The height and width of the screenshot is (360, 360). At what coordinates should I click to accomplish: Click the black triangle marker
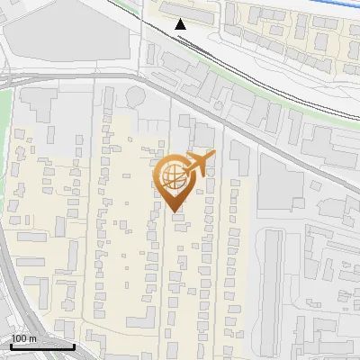click(181, 23)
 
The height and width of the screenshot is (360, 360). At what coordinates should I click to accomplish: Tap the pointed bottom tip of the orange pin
click(175, 211)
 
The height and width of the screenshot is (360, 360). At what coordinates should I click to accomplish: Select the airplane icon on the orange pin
click(200, 163)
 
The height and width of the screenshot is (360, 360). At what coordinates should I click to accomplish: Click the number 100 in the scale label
click(19, 338)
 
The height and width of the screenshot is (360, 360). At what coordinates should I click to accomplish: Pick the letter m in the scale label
click(31, 338)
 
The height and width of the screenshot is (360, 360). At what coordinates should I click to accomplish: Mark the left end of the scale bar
click(10, 346)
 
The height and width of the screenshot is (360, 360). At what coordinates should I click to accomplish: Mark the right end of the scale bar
click(74, 346)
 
